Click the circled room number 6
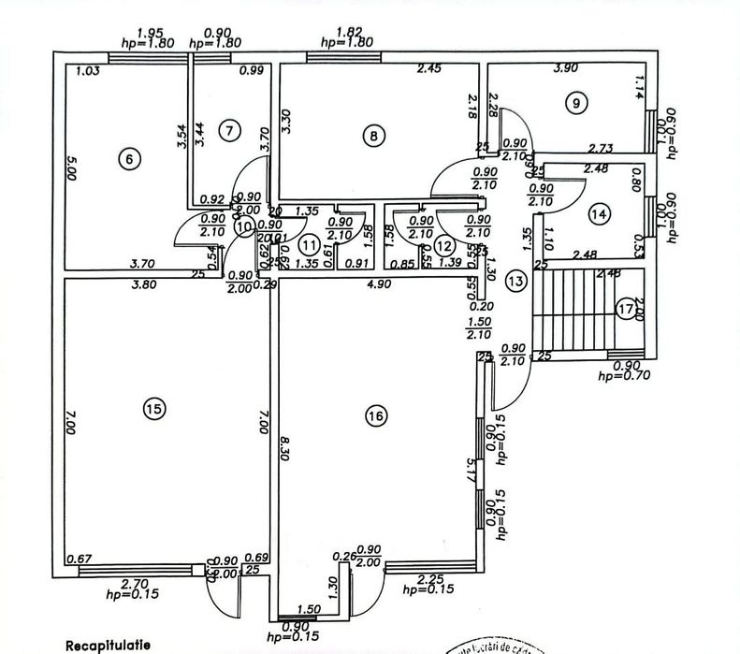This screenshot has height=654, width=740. click(132, 159)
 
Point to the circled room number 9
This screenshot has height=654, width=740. click(573, 103)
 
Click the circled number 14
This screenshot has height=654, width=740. click(600, 214)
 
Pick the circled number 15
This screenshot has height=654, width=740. click(154, 407)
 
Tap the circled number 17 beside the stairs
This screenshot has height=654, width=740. click(625, 308)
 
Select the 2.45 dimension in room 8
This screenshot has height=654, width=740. click(429, 68)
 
